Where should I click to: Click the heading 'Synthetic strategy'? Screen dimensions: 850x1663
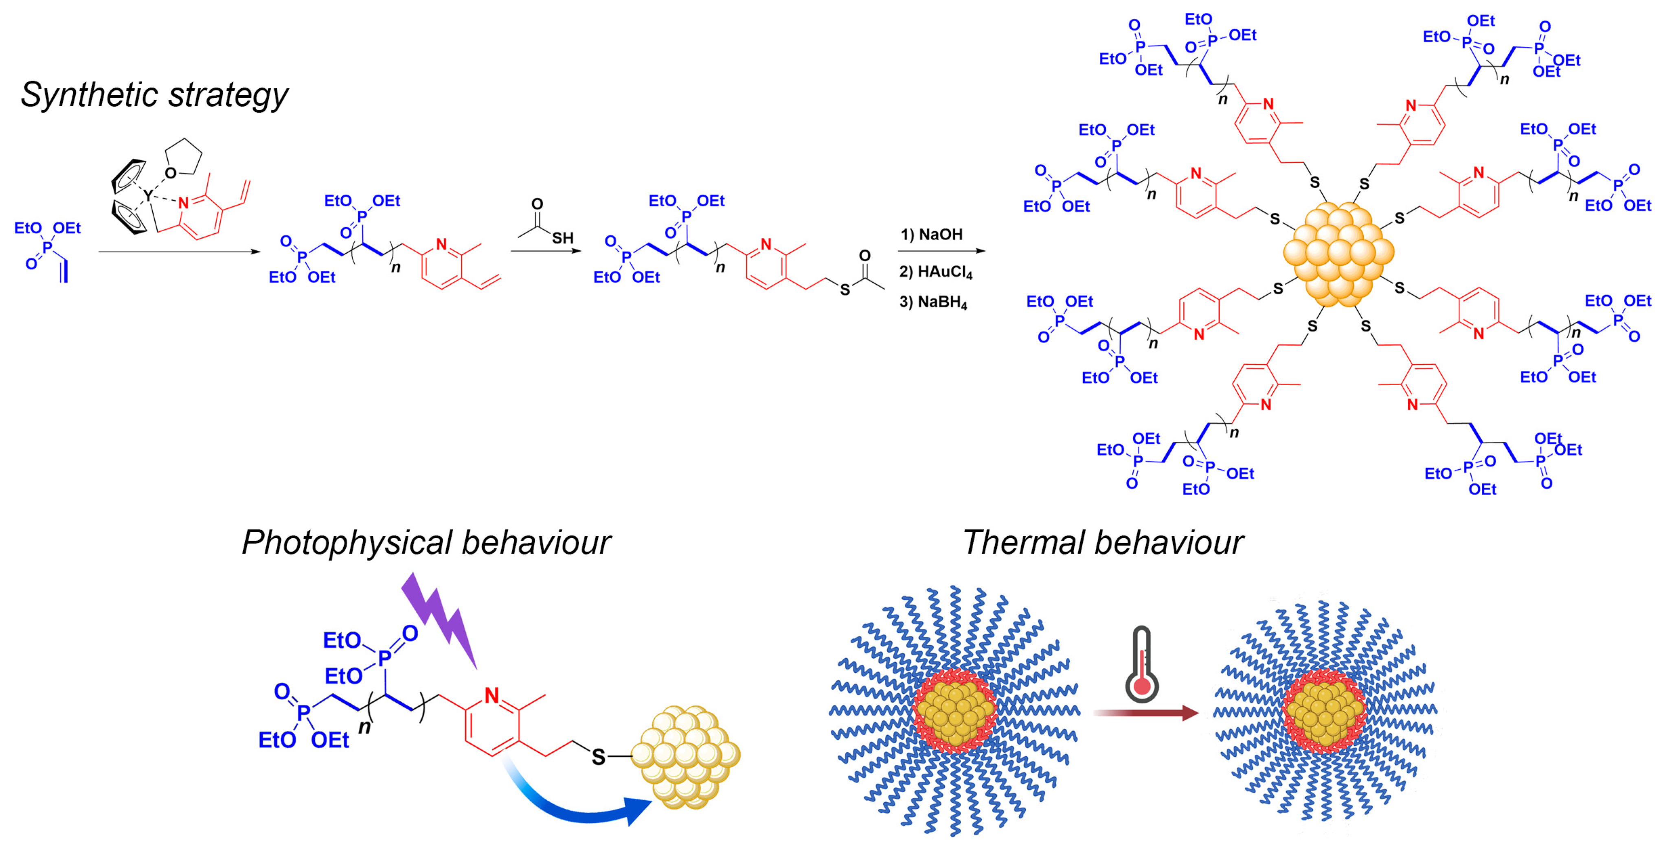click(154, 95)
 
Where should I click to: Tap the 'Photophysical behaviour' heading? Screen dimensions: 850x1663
click(426, 542)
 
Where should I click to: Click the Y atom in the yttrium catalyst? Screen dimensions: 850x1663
click(148, 195)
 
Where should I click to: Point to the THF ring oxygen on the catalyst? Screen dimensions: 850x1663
click(171, 173)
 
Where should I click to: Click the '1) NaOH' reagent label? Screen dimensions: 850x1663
click(932, 234)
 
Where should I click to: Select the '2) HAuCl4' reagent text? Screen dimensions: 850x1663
click(935, 272)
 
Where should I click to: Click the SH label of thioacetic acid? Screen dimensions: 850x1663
click(562, 238)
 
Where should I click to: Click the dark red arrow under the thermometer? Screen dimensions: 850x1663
click(1146, 713)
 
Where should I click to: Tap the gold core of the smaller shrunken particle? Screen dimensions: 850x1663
click(1325, 712)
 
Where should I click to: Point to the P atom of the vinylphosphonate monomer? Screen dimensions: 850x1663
click(48, 248)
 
